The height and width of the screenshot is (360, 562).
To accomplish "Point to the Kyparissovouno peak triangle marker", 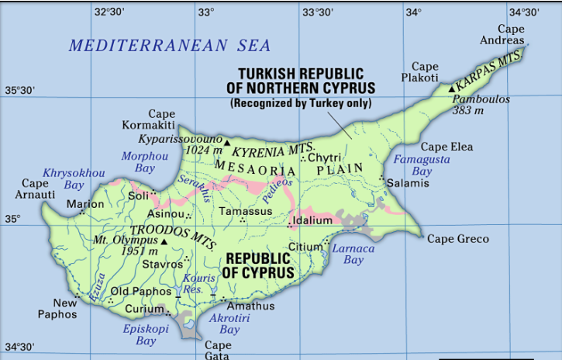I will pyautogui.click(x=226, y=143).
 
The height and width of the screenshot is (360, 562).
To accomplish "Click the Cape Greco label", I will pyautogui.click(x=458, y=239).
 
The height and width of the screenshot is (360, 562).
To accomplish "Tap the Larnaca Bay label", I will pyautogui.click(x=353, y=254).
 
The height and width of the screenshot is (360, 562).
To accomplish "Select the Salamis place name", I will pyautogui.click(x=408, y=183).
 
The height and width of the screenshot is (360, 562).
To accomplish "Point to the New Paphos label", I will pyautogui.click(x=58, y=309).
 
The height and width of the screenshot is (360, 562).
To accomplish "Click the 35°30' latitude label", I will pyautogui.click(x=20, y=91).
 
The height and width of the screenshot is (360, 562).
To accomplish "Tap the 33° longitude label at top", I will pyautogui.click(x=205, y=12).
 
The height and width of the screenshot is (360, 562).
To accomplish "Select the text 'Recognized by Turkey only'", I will pyautogui.click(x=301, y=103).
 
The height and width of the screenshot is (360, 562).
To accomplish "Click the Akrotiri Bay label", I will pyautogui.click(x=229, y=324).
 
